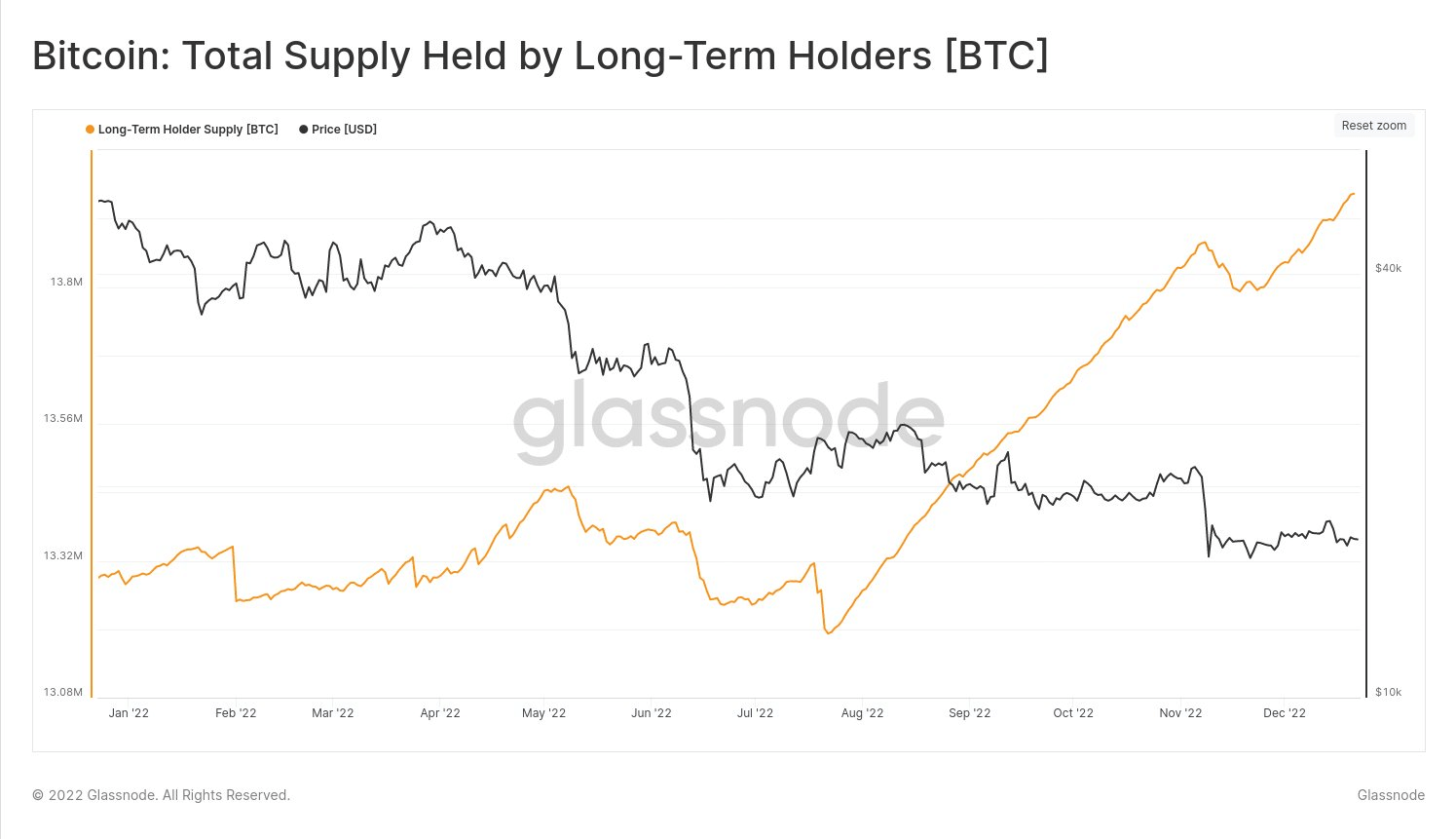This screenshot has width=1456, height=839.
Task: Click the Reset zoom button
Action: pyautogui.click(x=1373, y=126)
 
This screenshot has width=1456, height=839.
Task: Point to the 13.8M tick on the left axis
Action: pyautogui.click(x=66, y=282)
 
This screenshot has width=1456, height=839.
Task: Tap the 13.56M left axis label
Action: pyautogui.click(x=62, y=419)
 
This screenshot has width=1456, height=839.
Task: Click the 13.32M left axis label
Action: pyautogui.click(x=62, y=556)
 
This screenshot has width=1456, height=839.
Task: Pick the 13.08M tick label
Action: pyautogui.click(x=62, y=693)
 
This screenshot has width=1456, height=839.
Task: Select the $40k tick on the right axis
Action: pyautogui.click(x=1388, y=268)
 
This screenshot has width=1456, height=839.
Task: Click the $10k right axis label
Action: pyautogui.click(x=1388, y=693)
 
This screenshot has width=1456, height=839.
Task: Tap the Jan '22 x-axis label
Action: pyautogui.click(x=129, y=713)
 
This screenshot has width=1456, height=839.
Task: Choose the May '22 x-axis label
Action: pyautogui.click(x=543, y=713)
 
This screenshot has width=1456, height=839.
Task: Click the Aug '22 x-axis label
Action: pyautogui.click(x=862, y=713)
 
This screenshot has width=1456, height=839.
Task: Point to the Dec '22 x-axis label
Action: pyautogui.click(x=1284, y=713)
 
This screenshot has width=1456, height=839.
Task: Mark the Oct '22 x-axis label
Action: pyautogui.click(x=1073, y=713)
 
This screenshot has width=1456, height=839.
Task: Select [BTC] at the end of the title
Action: pyautogui.click(x=996, y=57)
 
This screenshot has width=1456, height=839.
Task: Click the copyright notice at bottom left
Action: pyautogui.click(x=161, y=795)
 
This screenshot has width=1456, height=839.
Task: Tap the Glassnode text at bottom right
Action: pyautogui.click(x=1391, y=795)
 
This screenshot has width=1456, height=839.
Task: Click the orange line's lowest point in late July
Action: pyautogui.click(x=829, y=633)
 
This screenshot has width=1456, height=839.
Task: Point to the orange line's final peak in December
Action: pyautogui.click(x=1353, y=194)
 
